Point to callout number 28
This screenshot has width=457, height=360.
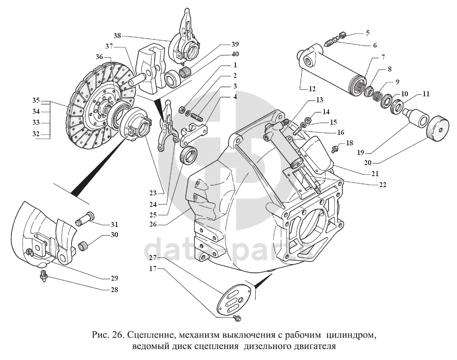pos(114,289)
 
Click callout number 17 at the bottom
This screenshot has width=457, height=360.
pos(152,269)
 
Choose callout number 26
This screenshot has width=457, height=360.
pos(152,224)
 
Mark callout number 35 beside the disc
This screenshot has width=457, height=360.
pos(37,100)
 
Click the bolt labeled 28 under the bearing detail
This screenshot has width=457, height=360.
pos(44,276)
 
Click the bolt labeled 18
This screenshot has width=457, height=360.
pos(336,148)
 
